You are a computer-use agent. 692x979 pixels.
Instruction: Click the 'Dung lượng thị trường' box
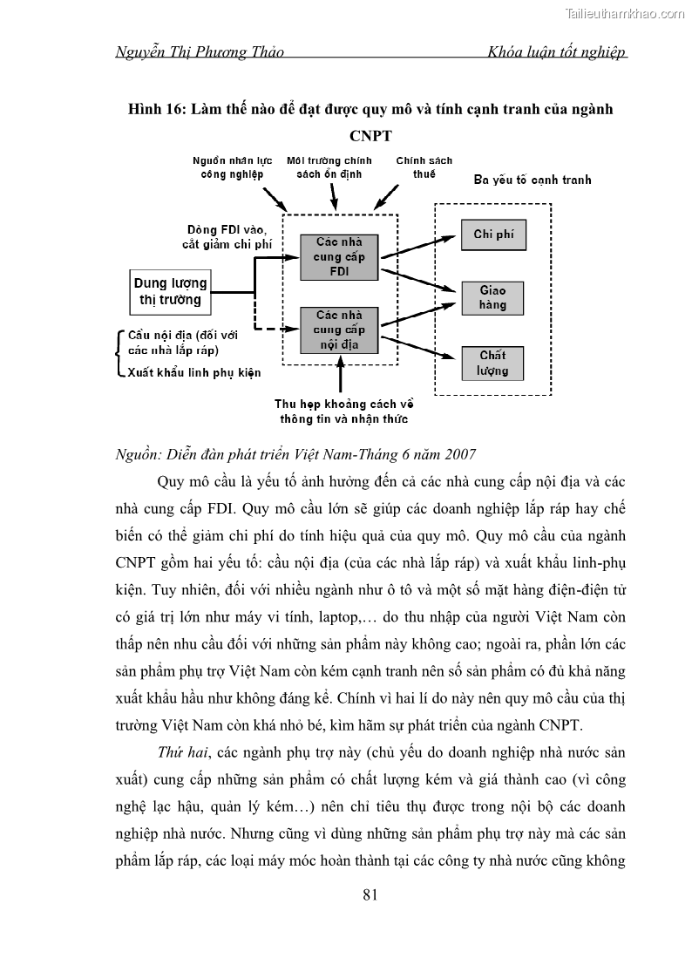pos(170,291)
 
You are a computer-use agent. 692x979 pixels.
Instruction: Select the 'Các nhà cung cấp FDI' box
pos(339,257)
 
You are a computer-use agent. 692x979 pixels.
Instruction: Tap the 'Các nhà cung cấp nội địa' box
pos(339,330)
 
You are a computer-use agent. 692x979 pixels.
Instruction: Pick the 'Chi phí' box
pos(493,235)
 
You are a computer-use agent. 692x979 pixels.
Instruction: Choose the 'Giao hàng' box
pos(493,297)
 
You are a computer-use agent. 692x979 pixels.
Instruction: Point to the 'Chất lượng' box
pos(492,363)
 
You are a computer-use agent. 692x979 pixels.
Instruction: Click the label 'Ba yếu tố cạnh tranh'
pos(532,180)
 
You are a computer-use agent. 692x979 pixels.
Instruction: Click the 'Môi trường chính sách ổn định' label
pos(329,167)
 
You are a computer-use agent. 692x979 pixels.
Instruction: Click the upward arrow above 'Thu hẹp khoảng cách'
pos(340,376)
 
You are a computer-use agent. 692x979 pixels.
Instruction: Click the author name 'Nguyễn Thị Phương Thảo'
pos(200,51)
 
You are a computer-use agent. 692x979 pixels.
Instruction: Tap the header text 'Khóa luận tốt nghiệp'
pos(559,51)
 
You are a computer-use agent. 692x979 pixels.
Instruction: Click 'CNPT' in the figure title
pos(370,137)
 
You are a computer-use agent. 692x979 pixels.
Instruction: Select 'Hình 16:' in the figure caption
pos(157,110)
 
